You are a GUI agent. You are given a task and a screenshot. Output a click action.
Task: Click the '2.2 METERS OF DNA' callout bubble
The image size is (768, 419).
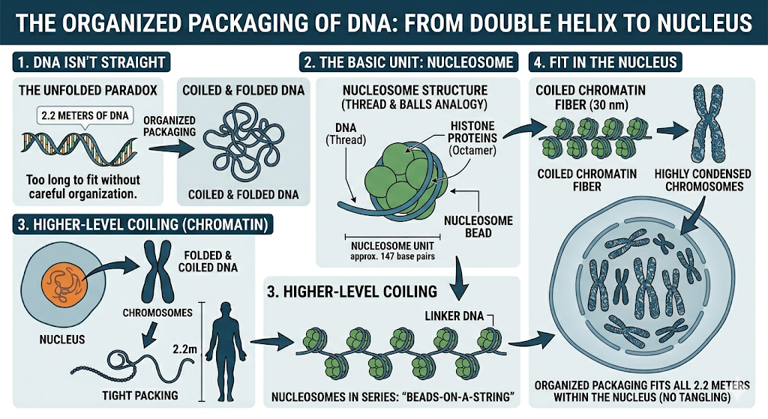tap(84, 115)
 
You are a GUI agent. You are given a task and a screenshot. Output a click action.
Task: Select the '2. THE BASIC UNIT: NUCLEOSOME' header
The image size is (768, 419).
tap(408, 62)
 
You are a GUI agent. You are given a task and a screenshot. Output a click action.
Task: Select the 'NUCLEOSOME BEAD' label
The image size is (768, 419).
tap(477, 227)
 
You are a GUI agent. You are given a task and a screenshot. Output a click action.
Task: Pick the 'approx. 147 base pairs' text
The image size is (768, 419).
tap(392, 256)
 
